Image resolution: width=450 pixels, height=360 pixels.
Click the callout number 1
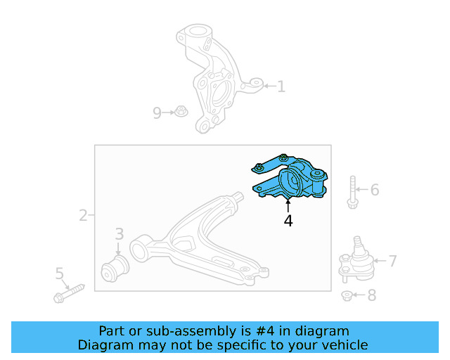[281, 86]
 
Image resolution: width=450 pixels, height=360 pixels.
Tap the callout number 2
[83, 215]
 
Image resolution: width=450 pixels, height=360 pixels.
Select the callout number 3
[120, 233]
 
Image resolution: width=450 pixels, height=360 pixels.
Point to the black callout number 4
[288, 221]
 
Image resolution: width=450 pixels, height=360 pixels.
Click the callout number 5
[60, 273]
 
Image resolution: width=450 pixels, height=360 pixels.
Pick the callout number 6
[374, 190]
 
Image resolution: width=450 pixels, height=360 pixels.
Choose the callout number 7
[392, 261]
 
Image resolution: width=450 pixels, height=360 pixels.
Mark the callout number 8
[371, 295]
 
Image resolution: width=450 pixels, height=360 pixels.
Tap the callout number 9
[157, 112]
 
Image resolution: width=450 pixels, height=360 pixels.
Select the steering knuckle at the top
[207, 77]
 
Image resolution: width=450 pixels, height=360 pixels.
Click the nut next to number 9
[181, 111]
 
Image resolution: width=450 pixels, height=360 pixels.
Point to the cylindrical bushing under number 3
[115, 268]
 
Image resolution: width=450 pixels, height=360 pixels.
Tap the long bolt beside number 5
[69, 292]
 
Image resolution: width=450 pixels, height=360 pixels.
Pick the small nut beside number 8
[348, 296]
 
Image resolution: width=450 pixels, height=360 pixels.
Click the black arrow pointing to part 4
[288, 205]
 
